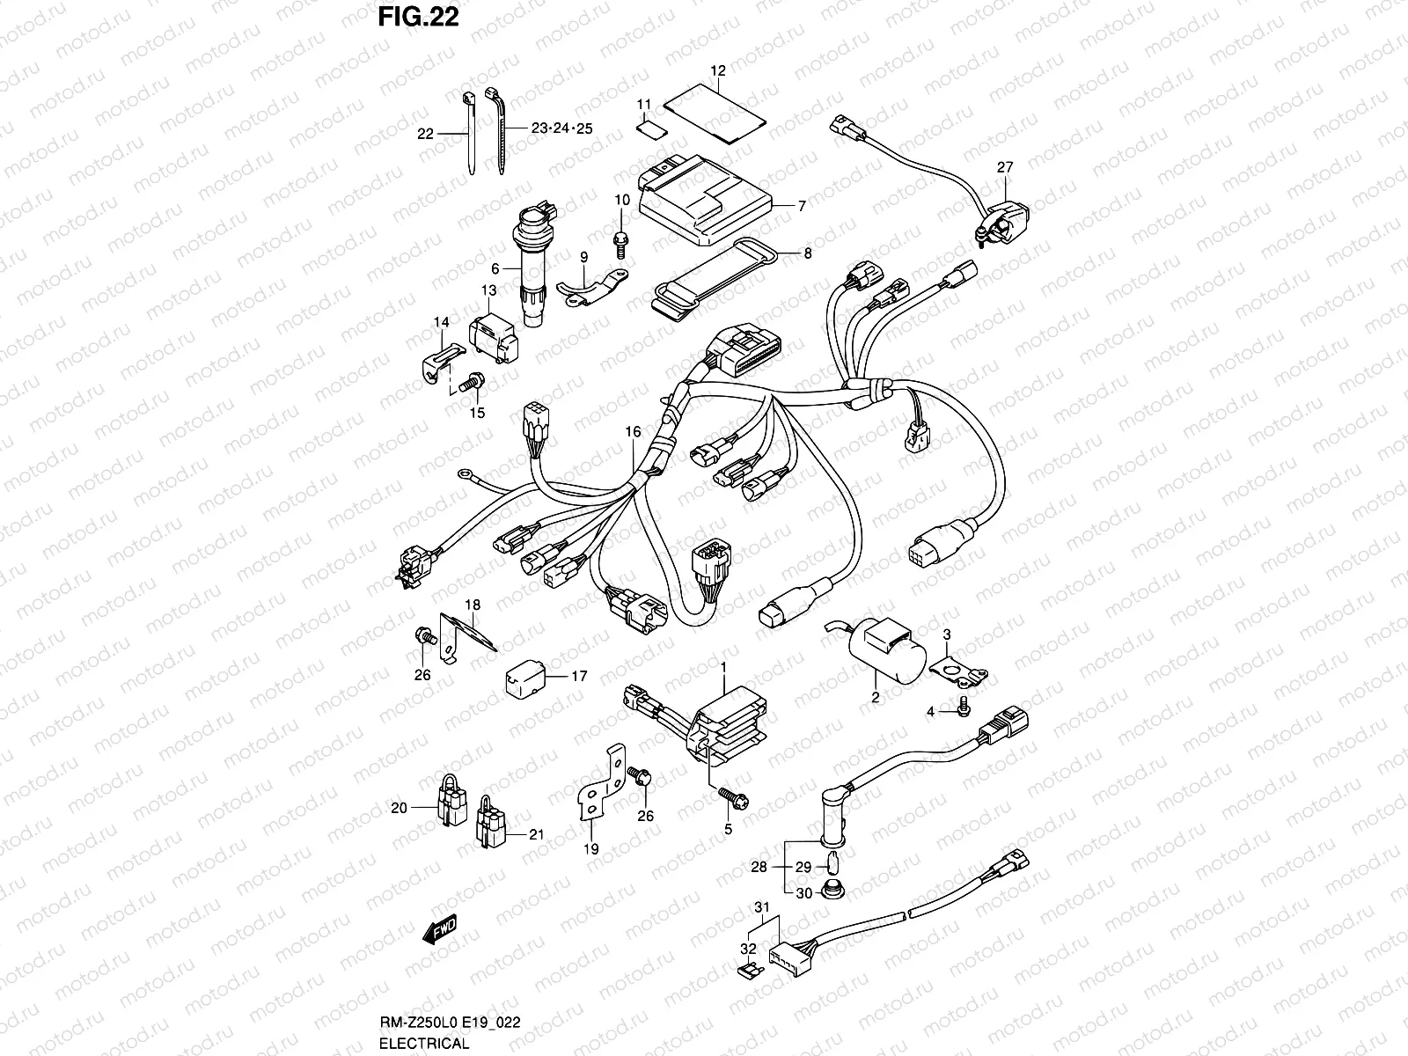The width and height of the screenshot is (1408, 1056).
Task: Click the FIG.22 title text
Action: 418,18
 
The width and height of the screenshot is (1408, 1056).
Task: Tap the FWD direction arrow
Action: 440,929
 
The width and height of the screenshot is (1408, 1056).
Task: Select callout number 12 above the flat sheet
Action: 718,70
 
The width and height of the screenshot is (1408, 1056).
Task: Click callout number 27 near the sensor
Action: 1005,167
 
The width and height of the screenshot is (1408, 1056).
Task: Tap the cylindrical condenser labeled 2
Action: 888,651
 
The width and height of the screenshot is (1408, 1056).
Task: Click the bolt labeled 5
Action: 734,798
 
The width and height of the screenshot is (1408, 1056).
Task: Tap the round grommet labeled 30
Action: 832,891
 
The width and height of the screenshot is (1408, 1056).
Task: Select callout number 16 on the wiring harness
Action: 633,431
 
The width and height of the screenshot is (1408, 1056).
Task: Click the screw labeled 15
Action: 472,384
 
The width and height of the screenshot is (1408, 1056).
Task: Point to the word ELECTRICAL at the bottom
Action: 424,1043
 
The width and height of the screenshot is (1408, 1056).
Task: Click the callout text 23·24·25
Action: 562,128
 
